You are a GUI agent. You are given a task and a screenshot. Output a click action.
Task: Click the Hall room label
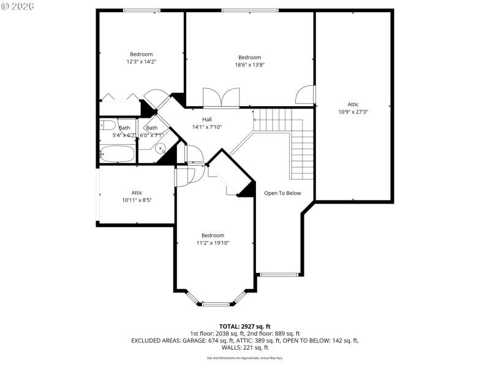207,120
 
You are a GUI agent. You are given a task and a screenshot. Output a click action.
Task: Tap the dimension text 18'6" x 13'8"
249,65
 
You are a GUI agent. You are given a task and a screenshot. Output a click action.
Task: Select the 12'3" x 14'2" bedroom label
141,61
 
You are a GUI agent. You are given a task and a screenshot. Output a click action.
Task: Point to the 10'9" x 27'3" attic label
353,112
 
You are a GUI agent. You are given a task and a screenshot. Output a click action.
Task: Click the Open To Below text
282,193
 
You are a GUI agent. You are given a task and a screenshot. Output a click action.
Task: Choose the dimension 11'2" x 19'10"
213,243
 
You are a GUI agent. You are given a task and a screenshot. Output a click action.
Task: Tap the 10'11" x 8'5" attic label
137,200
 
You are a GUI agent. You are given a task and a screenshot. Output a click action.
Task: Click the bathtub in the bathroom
117,154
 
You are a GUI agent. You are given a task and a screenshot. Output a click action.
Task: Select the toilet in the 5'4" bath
108,125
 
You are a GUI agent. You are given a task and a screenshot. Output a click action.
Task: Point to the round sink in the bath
160,148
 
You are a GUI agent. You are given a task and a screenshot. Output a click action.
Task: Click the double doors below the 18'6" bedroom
221,98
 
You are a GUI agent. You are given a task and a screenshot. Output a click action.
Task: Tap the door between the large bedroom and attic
304,95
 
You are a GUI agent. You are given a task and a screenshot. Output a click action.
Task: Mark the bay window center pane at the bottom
216,304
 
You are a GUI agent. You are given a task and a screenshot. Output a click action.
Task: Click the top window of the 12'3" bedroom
141,10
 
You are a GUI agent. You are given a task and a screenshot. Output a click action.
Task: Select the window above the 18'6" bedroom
249,10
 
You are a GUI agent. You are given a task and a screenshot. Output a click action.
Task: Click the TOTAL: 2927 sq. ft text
245,326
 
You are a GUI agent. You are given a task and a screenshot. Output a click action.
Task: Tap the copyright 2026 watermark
18,6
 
